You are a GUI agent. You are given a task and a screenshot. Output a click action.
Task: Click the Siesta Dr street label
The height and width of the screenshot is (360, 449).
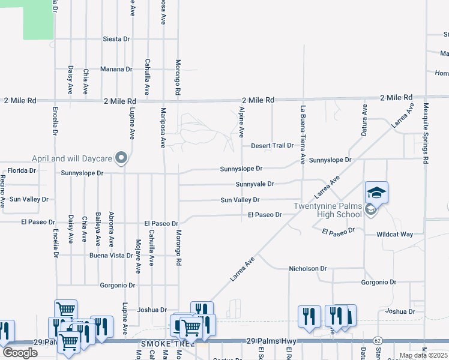pyautogui.click(x=116, y=39)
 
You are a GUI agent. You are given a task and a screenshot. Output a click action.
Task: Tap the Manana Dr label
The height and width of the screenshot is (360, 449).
pyautogui.click(x=116, y=70)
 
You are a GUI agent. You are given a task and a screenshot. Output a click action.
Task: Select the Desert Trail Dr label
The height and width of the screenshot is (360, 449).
pyautogui.click(x=272, y=146)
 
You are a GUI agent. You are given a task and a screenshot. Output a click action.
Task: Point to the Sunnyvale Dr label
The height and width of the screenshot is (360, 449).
pyautogui.click(x=255, y=184)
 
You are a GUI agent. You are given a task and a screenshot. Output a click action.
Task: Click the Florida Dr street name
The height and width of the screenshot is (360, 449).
pyautogui.click(x=22, y=170)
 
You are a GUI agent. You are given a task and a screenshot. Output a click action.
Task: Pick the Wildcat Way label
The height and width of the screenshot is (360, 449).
pyautogui.click(x=394, y=234)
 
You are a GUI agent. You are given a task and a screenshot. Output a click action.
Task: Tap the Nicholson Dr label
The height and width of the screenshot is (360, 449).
pyautogui.click(x=307, y=269)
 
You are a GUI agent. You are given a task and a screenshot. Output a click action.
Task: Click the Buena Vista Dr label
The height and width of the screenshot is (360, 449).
pyautogui.click(x=111, y=256)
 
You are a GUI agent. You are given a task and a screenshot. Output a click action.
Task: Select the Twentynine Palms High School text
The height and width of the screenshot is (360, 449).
pyautogui.click(x=327, y=210)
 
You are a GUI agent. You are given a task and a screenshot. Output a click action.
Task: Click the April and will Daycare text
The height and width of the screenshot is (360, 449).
pyautogui.click(x=72, y=159)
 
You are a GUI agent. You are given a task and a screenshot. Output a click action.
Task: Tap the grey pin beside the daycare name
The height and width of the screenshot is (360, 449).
pyautogui.click(x=122, y=158)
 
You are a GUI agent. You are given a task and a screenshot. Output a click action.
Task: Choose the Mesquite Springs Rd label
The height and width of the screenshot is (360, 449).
pyautogui.click(x=426, y=133)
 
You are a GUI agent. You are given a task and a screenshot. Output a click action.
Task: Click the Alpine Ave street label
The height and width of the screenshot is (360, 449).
pyautogui.click(x=242, y=121)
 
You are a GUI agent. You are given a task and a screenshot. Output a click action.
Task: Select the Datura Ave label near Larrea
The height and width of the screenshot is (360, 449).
pyautogui.click(x=364, y=119)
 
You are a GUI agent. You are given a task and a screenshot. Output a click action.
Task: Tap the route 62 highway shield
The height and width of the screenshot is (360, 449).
pyautogui.click(x=378, y=341)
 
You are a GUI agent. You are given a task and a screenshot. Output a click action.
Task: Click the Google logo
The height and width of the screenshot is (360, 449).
pyautogui.click(x=20, y=353)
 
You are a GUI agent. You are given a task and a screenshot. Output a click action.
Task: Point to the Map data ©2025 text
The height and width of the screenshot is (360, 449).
pyautogui.click(x=423, y=355)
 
